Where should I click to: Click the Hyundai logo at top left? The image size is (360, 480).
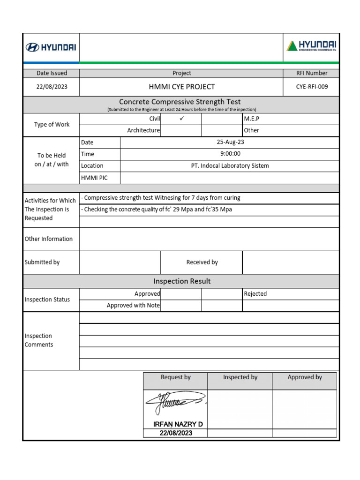[51, 47]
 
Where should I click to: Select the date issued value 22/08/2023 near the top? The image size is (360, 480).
[52, 87]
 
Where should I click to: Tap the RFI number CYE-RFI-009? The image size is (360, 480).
[312, 87]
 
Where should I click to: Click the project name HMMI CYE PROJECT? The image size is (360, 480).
[181, 87]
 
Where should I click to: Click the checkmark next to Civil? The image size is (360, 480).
[181, 119]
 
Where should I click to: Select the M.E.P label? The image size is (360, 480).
[252, 119]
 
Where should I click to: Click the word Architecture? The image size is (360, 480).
[143, 130]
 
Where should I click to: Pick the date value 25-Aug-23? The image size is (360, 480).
[230, 142]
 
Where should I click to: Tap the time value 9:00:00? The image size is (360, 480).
[230, 154]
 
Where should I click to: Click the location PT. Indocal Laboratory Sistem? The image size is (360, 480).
[230, 165]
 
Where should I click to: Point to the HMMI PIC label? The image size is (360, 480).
[94, 178]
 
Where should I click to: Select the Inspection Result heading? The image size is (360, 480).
[181, 281]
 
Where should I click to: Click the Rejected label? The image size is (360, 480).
[255, 294]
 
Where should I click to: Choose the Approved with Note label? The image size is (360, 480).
[133, 306]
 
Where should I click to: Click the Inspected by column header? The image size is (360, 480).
[240, 377]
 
